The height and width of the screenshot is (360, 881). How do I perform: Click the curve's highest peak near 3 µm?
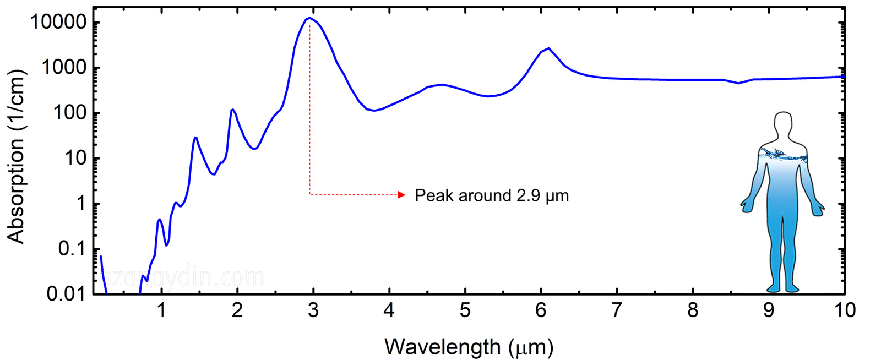pos(309,18)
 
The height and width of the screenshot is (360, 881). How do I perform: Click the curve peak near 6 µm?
pos(548,48)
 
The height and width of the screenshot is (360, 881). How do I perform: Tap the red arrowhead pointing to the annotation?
pos(402,195)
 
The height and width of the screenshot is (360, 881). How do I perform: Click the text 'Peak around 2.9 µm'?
pos(491,195)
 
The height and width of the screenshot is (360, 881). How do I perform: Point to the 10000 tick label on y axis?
pos(58,23)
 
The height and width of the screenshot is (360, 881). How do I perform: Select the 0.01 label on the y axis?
pos(67,294)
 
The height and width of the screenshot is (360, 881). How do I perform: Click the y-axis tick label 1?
pos(80,204)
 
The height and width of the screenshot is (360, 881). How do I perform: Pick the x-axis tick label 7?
pos(617,311)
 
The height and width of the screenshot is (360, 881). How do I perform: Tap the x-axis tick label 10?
pos(844,311)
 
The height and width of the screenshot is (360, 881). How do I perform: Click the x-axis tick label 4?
pos(389,311)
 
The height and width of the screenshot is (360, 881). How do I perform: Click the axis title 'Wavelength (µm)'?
pos(469,347)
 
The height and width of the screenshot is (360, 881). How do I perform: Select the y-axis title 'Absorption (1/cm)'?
pos(17,157)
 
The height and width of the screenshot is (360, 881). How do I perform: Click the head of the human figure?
pos(782,124)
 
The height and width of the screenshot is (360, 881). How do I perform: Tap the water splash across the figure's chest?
pos(782,155)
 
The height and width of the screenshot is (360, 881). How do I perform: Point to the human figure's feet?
pos(782,288)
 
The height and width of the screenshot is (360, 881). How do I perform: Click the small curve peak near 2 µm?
pos(232,110)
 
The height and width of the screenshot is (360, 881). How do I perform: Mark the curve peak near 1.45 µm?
pos(195,138)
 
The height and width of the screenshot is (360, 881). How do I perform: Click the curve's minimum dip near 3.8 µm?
pos(374,111)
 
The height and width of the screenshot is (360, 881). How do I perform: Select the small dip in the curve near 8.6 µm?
pos(738,83)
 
